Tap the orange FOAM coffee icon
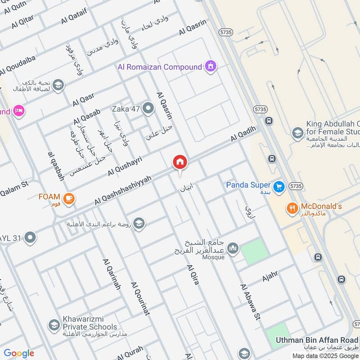69,198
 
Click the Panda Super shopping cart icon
279,185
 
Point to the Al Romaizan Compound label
159,67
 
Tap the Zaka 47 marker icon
148,108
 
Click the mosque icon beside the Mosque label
233,248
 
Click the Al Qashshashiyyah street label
122,191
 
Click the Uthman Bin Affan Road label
317,340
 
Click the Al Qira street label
193,274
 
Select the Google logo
19,353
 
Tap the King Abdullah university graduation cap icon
297,133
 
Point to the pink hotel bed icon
18,111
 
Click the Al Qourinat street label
140,299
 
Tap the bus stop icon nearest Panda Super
272,159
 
